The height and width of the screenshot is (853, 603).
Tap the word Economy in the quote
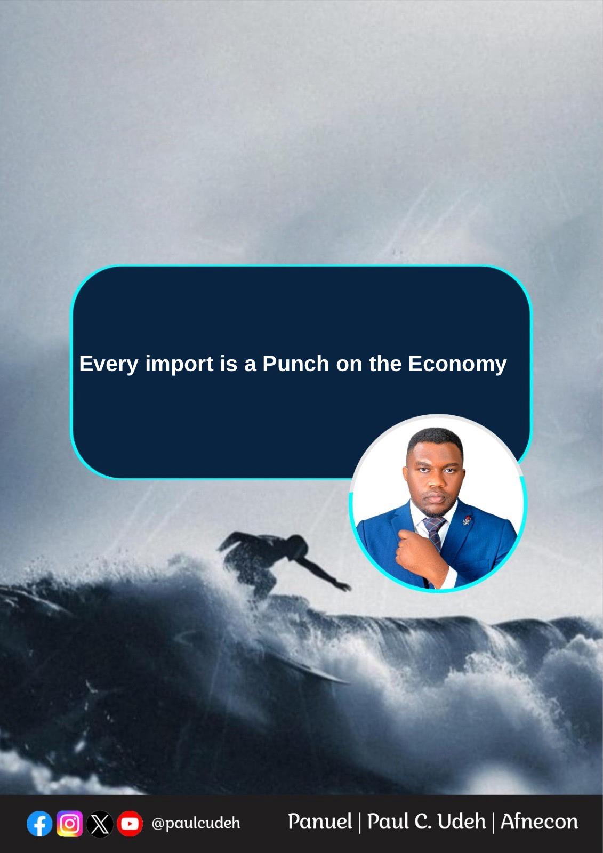coord(457,365)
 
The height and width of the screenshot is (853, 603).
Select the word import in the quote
coord(179,365)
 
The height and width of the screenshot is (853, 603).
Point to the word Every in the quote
coord(109,365)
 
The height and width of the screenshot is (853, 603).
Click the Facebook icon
coord(39,824)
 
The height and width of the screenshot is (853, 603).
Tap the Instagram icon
coord(70,824)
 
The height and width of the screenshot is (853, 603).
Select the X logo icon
coord(100,824)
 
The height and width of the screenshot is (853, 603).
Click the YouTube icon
coord(130,824)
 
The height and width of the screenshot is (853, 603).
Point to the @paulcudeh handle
coord(196,824)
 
